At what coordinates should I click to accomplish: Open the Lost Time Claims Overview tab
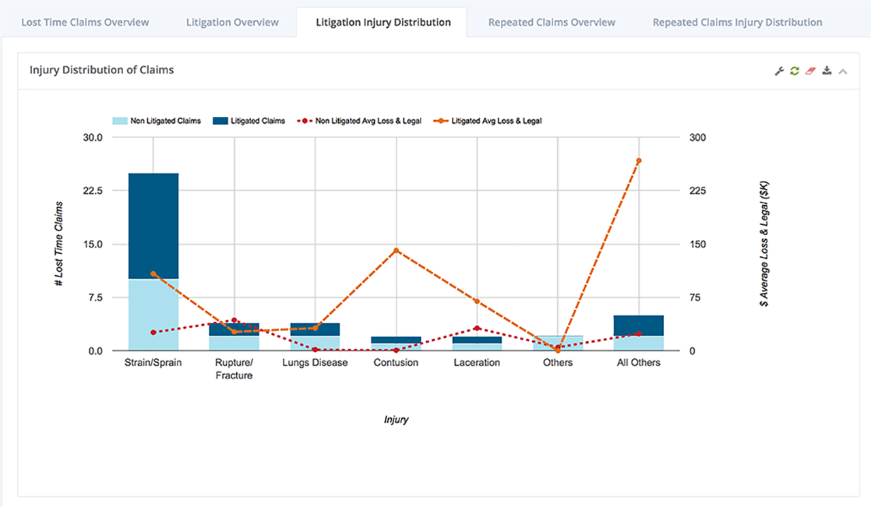85,22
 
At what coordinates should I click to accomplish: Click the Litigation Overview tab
233,22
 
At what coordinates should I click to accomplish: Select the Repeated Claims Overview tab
552,22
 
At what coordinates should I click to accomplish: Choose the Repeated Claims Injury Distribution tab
737,22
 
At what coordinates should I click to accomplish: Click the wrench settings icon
780,71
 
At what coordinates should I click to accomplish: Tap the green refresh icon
794,71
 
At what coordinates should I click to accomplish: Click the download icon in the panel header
827,71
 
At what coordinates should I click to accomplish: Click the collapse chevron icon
843,71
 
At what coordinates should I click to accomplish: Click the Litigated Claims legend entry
248,121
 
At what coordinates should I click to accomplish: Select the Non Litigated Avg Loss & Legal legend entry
367,121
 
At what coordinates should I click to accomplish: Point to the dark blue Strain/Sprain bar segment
153,226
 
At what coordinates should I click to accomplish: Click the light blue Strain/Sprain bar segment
153,315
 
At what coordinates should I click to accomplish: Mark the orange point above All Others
638,161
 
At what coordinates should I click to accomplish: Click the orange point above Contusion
396,251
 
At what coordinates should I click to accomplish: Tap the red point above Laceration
477,328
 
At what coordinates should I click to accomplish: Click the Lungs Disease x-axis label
315,363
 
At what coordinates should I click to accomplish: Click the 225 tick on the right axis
698,191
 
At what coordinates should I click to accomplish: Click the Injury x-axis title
396,419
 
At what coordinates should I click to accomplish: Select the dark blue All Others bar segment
638,326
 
